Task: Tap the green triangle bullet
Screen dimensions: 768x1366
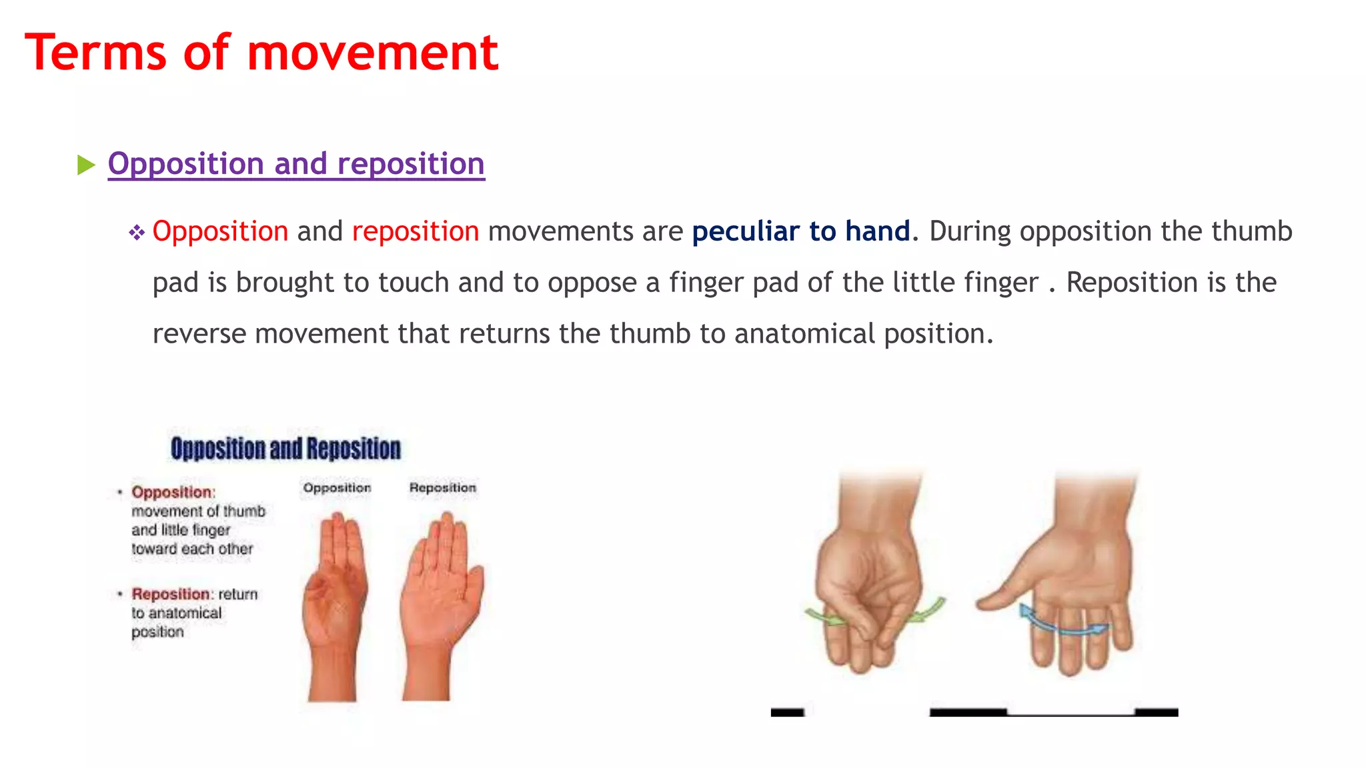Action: [86, 165]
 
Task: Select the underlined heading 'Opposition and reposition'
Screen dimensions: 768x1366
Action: [296, 164]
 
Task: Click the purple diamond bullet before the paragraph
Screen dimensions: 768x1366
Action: [137, 233]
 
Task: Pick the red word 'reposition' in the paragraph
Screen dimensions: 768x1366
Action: [415, 231]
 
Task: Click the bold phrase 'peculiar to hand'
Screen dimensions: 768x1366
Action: [800, 231]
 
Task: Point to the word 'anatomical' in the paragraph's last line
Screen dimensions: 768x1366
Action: [804, 333]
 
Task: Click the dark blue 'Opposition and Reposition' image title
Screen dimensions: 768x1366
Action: [285, 449]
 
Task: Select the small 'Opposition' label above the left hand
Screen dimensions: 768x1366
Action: [337, 488]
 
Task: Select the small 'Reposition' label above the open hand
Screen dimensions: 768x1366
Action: [442, 488]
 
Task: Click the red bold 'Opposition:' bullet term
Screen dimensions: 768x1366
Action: [172, 492]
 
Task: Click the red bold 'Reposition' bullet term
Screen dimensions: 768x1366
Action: [170, 593]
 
